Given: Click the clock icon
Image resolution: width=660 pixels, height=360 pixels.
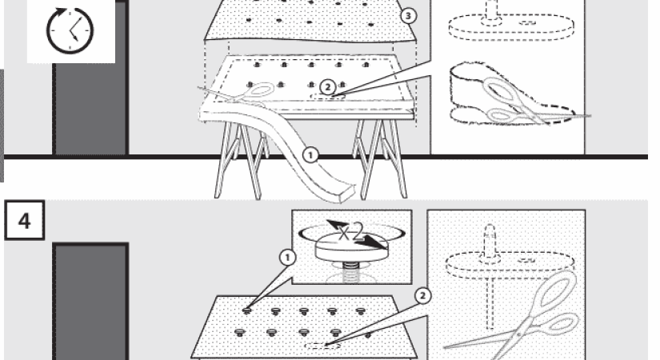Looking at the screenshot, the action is pyautogui.click(x=70, y=30).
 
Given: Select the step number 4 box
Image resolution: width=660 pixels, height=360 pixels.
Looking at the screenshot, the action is pyautogui.click(x=25, y=220).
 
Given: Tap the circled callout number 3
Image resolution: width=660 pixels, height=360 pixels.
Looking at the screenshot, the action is pyautogui.click(x=407, y=16).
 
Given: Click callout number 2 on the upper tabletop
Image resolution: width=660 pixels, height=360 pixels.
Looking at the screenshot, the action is pyautogui.click(x=327, y=87).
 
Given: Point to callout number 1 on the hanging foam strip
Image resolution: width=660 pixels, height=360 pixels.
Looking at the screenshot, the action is pyautogui.click(x=310, y=155).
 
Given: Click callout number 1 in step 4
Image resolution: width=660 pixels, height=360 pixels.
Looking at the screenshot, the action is pyautogui.click(x=287, y=258).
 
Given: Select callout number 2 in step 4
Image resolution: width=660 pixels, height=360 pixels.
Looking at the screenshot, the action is pyautogui.click(x=423, y=295).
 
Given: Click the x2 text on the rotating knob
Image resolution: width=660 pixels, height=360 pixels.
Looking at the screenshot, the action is pyautogui.click(x=350, y=231).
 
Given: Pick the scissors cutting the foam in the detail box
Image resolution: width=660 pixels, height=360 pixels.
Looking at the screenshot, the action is pyautogui.click(x=530, y=103).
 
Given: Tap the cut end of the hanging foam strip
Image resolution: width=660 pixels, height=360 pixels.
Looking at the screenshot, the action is pyautogui.click(x=346, y=193).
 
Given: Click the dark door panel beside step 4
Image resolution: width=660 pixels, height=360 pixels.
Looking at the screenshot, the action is pyautogui.click(x=91, y=302).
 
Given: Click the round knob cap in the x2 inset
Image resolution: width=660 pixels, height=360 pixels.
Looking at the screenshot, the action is pyautogui.click(x=350, y=247).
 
